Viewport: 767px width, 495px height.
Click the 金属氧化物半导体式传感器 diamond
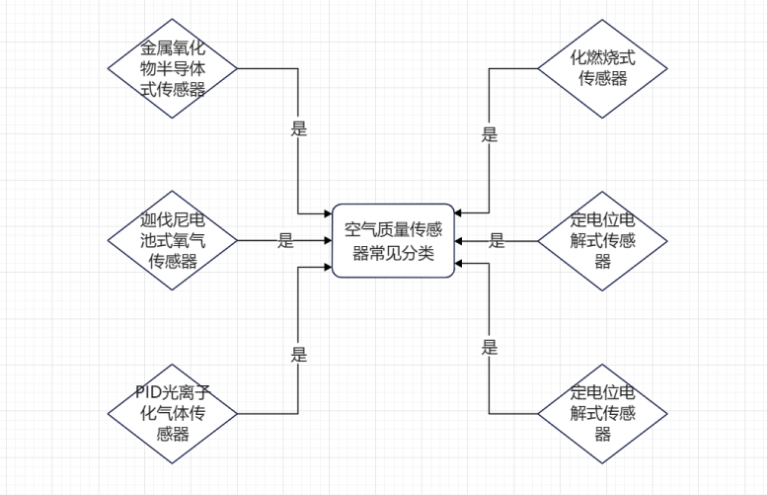[x=172, y=68]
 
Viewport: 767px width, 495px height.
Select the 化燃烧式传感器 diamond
[x=602, y=68]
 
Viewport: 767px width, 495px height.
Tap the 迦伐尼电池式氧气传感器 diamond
[x=172, y=240]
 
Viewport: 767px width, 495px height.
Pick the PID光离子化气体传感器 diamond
[x=172, y=414]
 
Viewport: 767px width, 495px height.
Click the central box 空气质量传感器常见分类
[x=393, y=241]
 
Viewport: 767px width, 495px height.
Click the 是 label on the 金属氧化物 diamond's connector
[x=299, y=128]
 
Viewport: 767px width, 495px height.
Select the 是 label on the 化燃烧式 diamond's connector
[x=490, y=134]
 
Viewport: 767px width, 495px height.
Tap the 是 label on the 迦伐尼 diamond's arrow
[x=285, y=240]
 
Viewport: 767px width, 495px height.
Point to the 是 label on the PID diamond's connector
[x=299, y=354]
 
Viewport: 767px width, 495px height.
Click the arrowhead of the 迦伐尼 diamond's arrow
[x=329, y=240]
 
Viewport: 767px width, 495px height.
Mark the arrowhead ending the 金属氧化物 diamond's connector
[x=329, y=213]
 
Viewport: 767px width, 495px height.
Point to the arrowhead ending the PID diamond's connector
[x=329, y=268]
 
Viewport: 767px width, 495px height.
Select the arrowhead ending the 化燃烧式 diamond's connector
[x=458, y=213]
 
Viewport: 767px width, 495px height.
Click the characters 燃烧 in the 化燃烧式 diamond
[x=602, y=57]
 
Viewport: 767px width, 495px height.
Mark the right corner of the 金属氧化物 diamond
[x=237, y=68]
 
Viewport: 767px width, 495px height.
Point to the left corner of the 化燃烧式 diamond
[x=538, y=68]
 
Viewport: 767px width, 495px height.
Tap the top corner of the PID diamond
[x=172, y=365]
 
